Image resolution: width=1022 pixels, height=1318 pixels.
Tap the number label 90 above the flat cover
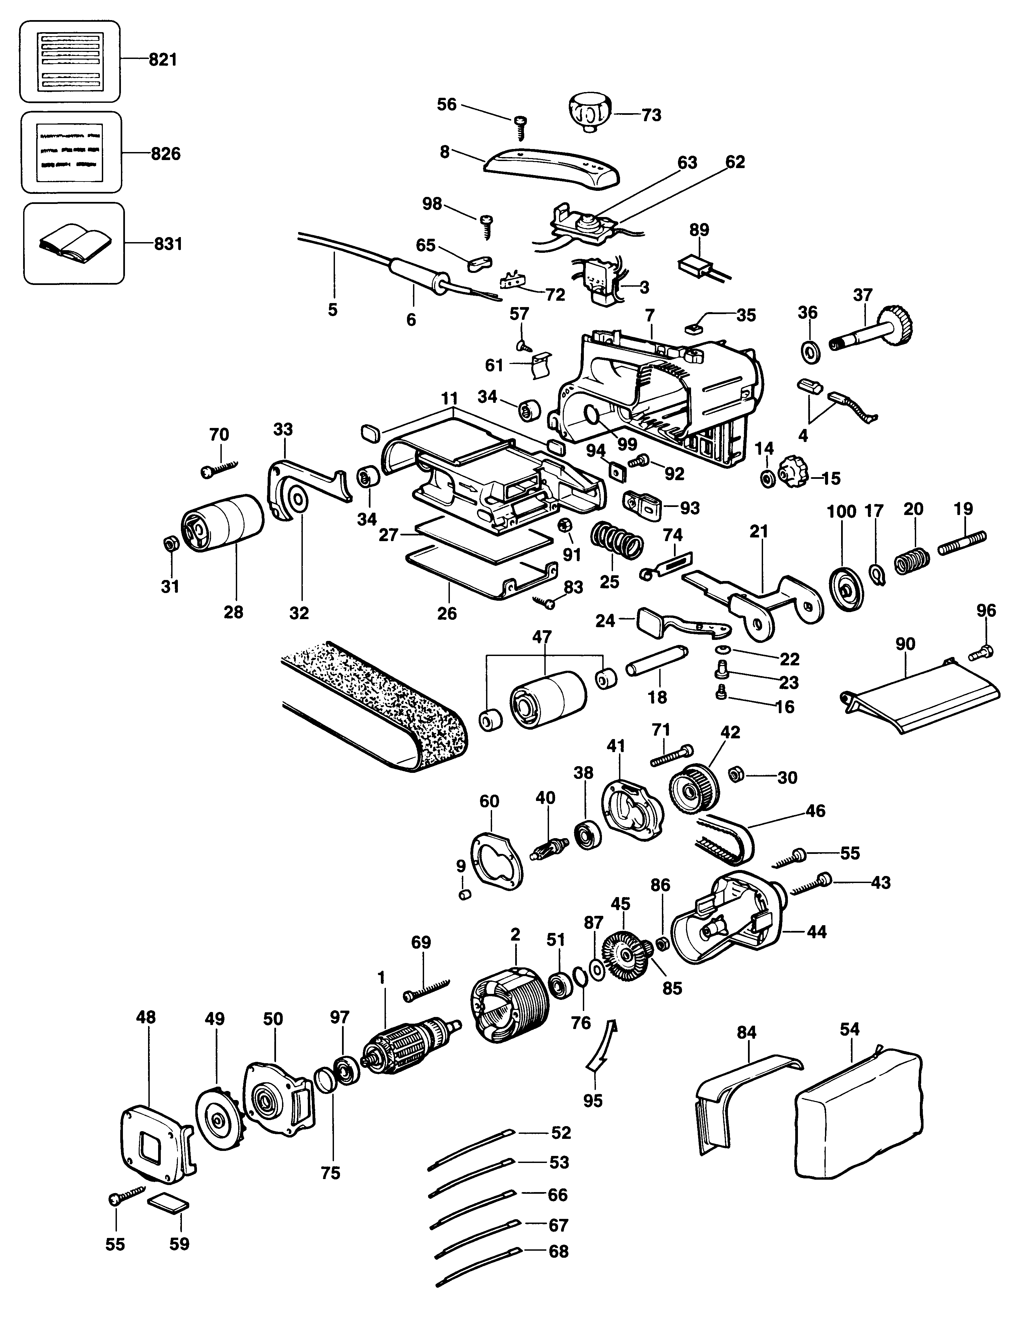click(x=905, y=644)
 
